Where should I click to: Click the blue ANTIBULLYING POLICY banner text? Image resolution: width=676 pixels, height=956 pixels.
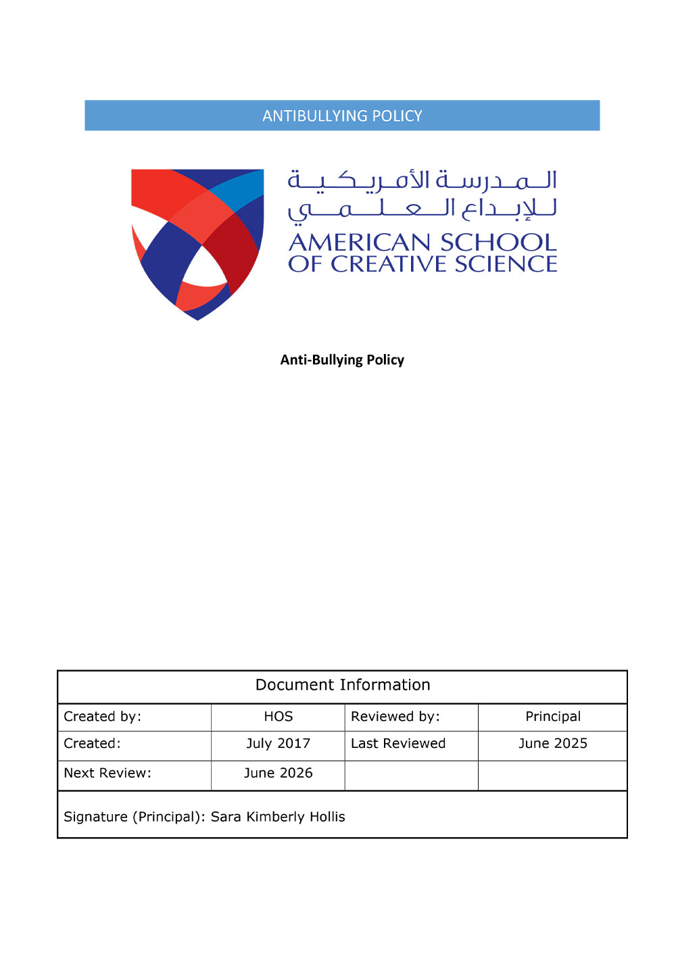(x=342, y=116)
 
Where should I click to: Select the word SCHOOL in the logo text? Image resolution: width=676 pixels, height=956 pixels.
(x=498, y=243)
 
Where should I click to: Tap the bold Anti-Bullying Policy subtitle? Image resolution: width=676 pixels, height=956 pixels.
(x=342, y=360)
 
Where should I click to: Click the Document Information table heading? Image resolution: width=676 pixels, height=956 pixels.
(x=343, y=685)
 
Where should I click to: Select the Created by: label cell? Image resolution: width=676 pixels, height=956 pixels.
(x=103, y=717)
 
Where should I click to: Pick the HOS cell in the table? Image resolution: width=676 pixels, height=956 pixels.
(x=278, y=717)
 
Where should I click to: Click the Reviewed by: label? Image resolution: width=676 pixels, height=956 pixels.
(x=395, y=717)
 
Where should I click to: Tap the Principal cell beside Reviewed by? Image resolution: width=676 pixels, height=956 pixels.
(x=553, y=717)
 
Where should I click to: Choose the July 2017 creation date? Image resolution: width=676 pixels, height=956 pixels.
(x=278, y=744)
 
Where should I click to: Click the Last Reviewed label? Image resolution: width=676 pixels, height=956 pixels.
(x=398, y=744)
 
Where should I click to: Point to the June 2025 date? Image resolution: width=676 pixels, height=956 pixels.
(x=553, y=744)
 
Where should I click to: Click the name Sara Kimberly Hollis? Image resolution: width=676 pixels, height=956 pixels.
(x=278, y=817)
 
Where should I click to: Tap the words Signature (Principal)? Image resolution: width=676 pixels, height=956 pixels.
(x=135, y=817)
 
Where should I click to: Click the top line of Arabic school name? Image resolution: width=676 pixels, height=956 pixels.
(x=422, y=180)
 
